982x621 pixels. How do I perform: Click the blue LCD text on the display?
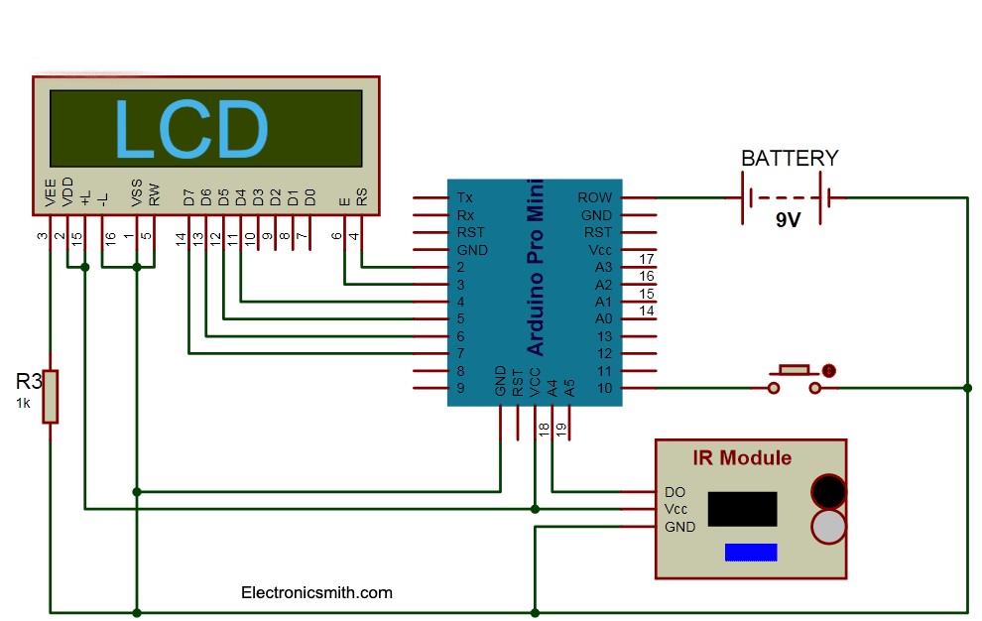click(x=191, y=129)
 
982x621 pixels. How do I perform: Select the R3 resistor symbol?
click(x=50, y=396)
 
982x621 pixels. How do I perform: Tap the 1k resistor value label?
click(x=23, y=404)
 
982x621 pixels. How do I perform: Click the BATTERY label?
click(x=790, y=159)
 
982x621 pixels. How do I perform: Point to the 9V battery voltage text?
click(x=788, y=220)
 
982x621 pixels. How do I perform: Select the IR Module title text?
click(x=742, y=457)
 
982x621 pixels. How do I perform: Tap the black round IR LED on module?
click(x=828, y=491)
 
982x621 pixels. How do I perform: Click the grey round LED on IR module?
click(x=828, y=527)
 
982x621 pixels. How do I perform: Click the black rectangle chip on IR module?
click(x=744, y=508)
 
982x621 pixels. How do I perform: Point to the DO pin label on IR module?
click(x=675, y=492)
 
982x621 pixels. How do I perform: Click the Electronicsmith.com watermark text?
click(x=316, y=593)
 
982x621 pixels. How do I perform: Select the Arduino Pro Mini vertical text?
click(x=536, y=268)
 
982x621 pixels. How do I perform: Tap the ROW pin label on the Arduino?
click(x=595, y=198)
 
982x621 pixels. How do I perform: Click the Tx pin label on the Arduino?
click(x=465, y=198)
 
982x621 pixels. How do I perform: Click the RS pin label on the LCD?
click(x=362, y=197)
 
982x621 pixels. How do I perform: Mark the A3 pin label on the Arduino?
click(x=603, y=268)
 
